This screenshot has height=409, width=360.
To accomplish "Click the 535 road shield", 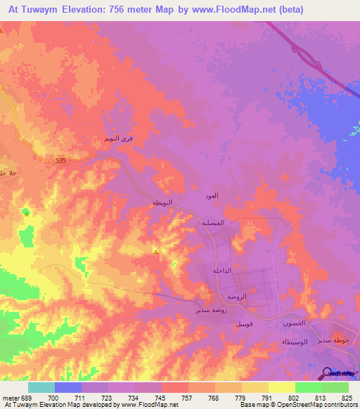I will pyautogui.click(x=62, y=161).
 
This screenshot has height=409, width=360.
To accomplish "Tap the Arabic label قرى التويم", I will pyautogui.click(x=117, y=139).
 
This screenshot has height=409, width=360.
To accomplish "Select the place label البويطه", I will pyautogui.click(x=162, y=202).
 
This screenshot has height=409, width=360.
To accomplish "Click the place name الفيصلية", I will pyautogui.click(x=214, y=223).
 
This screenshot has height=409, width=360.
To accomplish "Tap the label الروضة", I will pyautogui.click(x=236, y=297).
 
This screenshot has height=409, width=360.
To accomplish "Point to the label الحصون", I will pyautogui.click(x=293, y=323).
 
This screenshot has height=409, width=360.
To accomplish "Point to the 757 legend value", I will pyautogui.click(x=188, y=397).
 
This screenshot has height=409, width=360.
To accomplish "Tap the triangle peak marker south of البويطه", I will pyautogui.click(x=155, y=249).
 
